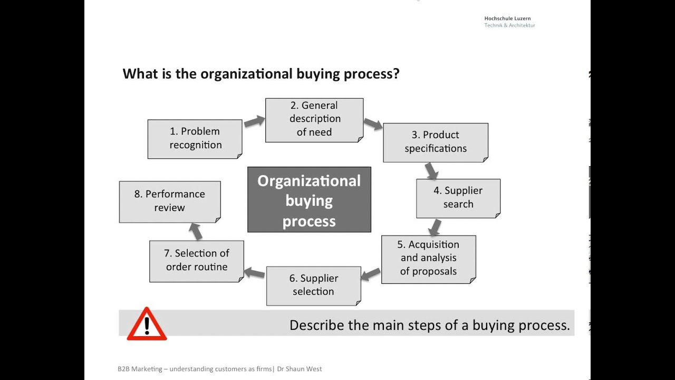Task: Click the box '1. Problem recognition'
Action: coord(195,138)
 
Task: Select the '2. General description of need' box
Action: coord(314,119)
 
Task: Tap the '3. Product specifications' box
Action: coord(436,142)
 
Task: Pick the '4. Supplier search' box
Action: coord(458,197)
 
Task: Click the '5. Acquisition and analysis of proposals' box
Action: coord(428,259)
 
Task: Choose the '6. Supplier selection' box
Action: coord(313,285)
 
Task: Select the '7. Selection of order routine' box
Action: coord(196,260)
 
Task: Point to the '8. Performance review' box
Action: coord(169,201)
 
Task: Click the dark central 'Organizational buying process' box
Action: coord(309,200)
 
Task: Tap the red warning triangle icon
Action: coord(147,324)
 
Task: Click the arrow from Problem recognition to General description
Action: coord(254,121)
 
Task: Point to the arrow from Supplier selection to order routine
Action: coord(254,273)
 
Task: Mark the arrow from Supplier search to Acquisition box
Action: coord(435,227)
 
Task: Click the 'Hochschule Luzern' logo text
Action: coord(507,18)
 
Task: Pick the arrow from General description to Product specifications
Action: coord(373,125)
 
